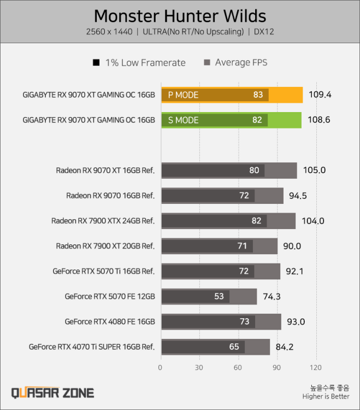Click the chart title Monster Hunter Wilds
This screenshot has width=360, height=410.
coord(180,15)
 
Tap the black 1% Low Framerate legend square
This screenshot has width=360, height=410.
coord(97,63)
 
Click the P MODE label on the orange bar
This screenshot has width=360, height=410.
coord(183,95)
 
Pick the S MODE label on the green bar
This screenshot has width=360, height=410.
coord(183,120)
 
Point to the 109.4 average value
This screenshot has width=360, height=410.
coord(320,95)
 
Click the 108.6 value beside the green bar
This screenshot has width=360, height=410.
coord(319,120)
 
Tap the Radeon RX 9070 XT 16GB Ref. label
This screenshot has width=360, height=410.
coord(105,170)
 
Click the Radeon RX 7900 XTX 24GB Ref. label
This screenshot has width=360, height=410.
coord(103,220)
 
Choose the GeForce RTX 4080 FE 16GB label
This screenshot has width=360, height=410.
coord(110,321)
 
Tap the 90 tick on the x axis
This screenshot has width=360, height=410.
coord(277,367)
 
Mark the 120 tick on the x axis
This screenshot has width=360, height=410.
coord(316,367)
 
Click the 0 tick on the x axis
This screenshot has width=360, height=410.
coord(160,367)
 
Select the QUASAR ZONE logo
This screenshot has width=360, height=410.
coord(53,393)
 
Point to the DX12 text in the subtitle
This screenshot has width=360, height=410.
coord(264,32)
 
